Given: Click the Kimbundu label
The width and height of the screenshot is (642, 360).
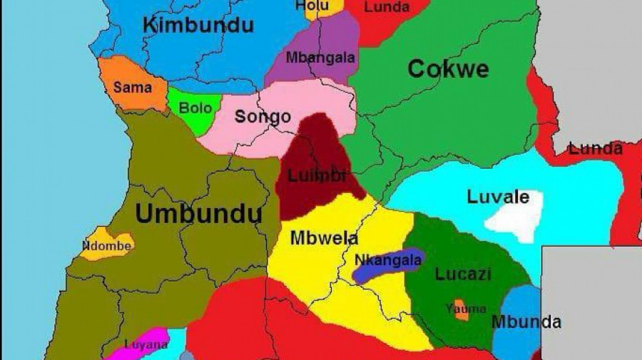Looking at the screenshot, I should [x=198, y=26].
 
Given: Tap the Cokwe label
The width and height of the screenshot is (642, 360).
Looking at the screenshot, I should [x=448, y=69].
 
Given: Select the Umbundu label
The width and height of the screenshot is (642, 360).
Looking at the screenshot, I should [x=198, y=214].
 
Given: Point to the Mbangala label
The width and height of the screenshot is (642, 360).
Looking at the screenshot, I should [x=320, y=58].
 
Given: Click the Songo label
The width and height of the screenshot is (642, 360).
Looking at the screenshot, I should [x=263, y=117].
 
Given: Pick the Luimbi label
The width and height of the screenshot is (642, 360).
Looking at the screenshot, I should [x=317, y=175].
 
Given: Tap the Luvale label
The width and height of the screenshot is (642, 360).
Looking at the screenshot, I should [x=498, y=197].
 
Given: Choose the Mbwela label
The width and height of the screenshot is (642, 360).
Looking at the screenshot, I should [x=324, y=238].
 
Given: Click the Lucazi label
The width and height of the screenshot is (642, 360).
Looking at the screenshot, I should [x=463, y=274].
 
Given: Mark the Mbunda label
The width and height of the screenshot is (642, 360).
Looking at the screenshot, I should [x=526, y=322].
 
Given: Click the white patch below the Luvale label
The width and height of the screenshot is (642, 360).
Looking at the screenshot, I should [x=515, y=220].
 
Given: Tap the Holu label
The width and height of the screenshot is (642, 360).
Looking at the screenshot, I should [x=312, y=6].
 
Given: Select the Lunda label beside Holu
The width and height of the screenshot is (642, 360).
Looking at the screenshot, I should [x=387, y=7].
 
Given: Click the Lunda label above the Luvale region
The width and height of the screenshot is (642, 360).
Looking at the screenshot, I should [x=595, y=149].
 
